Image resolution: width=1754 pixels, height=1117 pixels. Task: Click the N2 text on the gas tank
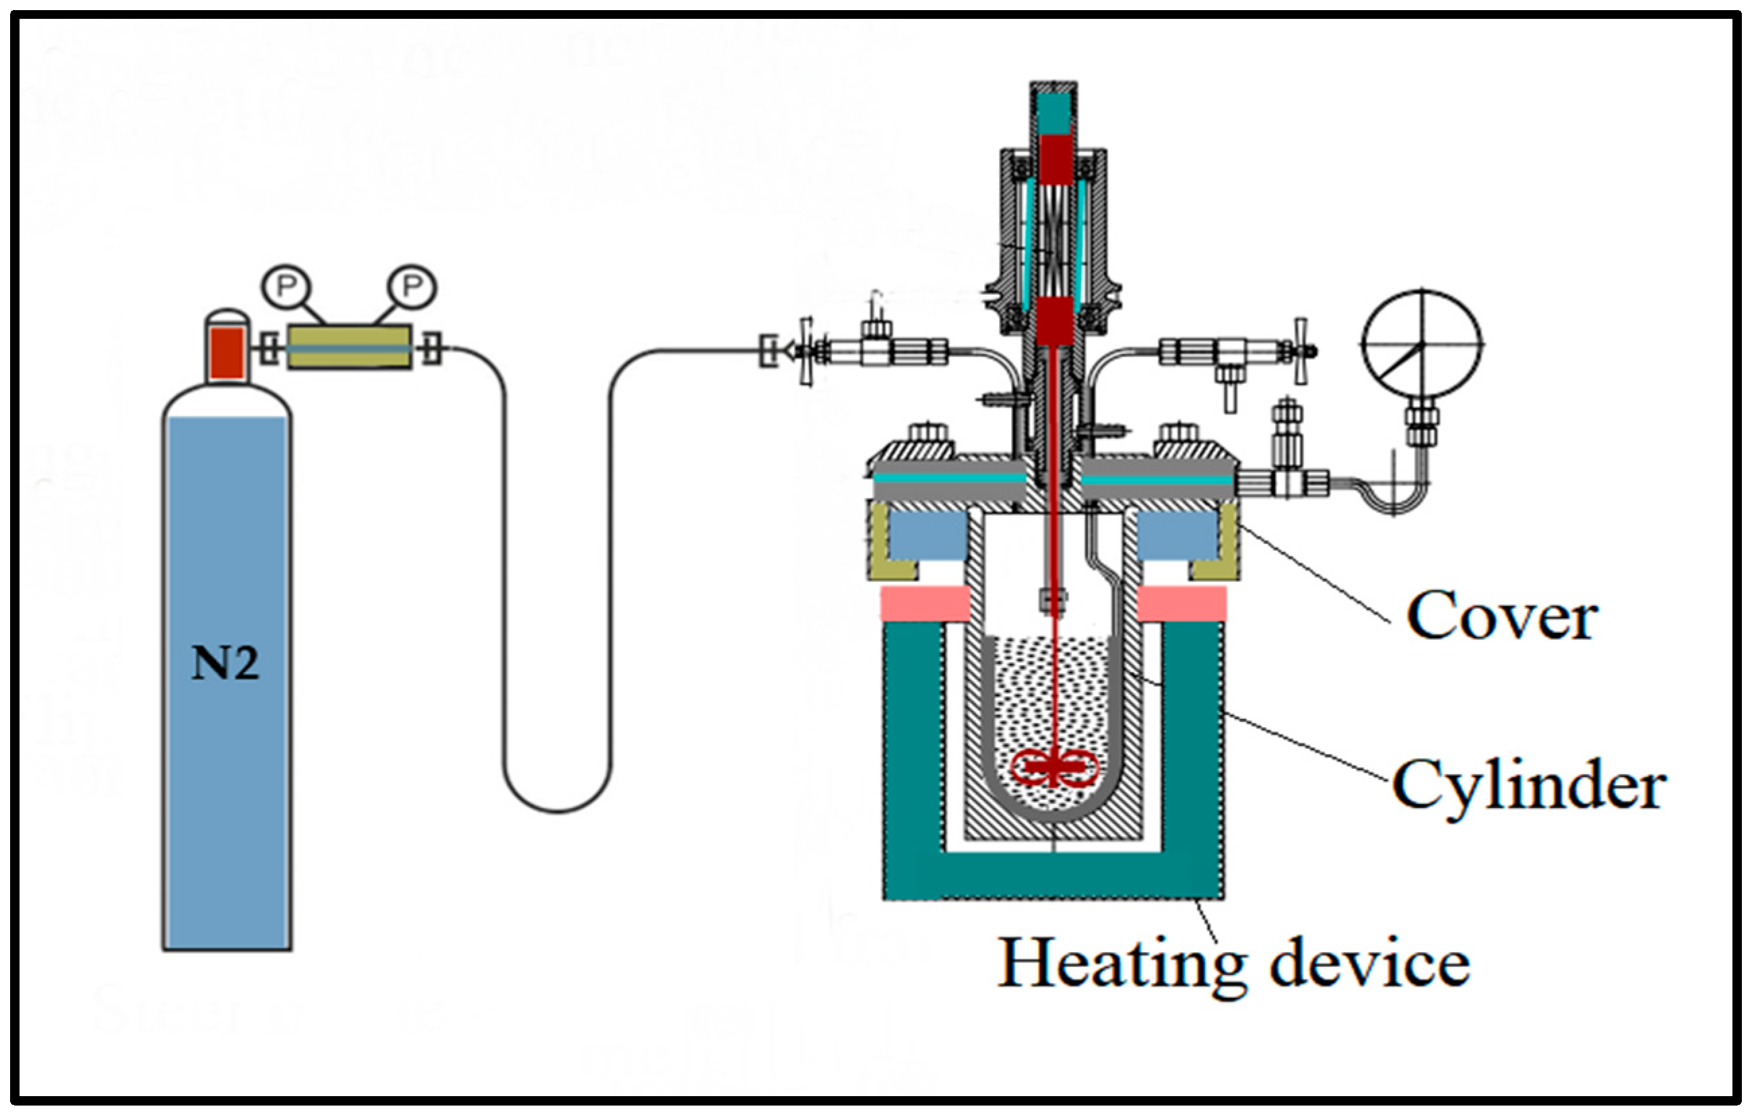pyautogui.click(x=224, y=663)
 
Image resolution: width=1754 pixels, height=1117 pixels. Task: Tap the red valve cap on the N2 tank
pyautogui.click(x=226, y=353)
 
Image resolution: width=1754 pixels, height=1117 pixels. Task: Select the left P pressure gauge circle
pyautogui.click(x=286, y=287)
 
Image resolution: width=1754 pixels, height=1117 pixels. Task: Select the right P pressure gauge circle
pyautogui.click(x=412, y=286)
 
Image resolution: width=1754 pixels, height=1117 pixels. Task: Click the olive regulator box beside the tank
pyautogui.click(x=349, y=347)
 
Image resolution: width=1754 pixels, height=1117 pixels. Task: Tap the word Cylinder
pyautogui.click(x=1529, y=786)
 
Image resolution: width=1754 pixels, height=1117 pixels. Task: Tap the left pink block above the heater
pyautogui.click(x=925, y=605)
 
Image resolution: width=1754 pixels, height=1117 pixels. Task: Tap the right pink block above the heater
pyautogui.click(x=1181, y=605)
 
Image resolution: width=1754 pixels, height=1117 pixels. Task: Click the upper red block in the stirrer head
pyautogui.click(x=1055, y=160)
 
